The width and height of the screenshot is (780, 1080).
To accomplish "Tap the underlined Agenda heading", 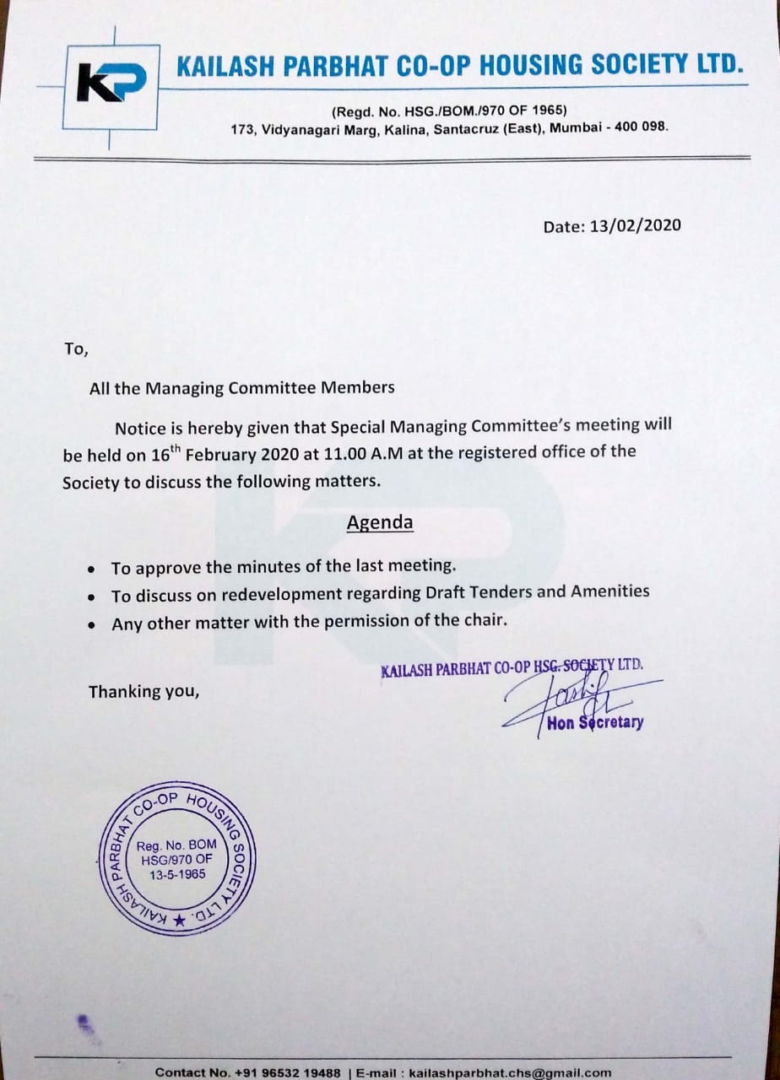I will [380, 523].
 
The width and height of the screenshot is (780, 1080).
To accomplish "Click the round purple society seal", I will [178, 861].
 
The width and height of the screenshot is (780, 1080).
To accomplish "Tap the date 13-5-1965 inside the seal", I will [177, 874].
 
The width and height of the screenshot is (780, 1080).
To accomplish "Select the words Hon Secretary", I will [595, 723].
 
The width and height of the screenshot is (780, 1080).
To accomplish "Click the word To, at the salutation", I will [75, 348].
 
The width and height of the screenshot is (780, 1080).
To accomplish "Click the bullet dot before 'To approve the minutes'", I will [91, 568].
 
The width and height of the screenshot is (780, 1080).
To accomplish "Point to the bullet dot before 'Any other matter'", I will [91, 625].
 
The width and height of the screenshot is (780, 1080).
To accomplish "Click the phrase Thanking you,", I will [144, 692].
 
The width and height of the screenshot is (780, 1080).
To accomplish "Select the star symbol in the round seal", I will [178, 922].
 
